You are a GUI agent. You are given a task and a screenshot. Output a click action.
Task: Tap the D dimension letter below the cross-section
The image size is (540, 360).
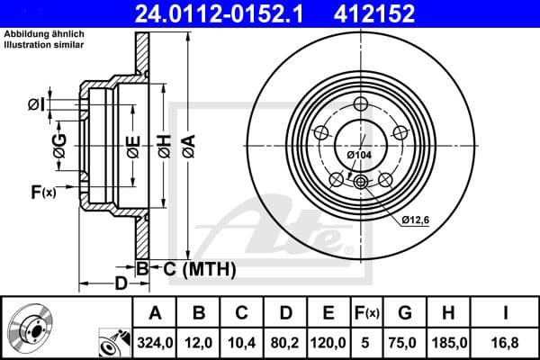[x=120, y=285]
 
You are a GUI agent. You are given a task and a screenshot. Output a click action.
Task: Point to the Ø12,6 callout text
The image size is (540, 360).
[x=416, y=219]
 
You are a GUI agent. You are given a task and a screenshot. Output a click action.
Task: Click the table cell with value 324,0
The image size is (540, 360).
[x=155, y=342]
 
